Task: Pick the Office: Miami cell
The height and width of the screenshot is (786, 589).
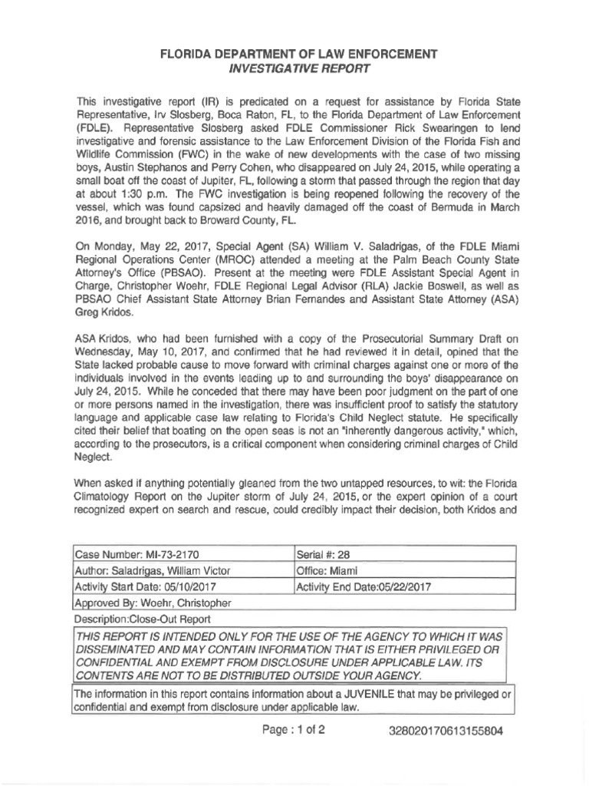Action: [401, 570]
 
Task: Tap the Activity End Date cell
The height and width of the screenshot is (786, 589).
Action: [401, 587]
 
